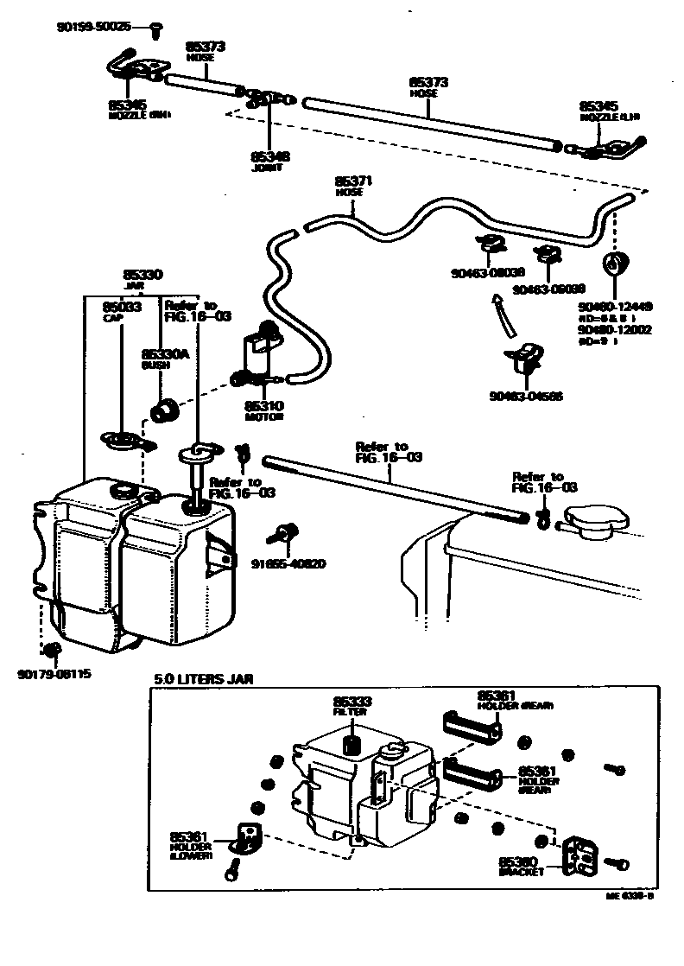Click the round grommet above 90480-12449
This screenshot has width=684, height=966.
tap(617, 263)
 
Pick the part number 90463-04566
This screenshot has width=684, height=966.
tap(524, 397)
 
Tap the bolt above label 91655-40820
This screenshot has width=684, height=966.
tap(282, 534)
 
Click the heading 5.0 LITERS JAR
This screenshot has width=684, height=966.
tap(204, 679)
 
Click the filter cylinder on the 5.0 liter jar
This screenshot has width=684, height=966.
tap(351, 744)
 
